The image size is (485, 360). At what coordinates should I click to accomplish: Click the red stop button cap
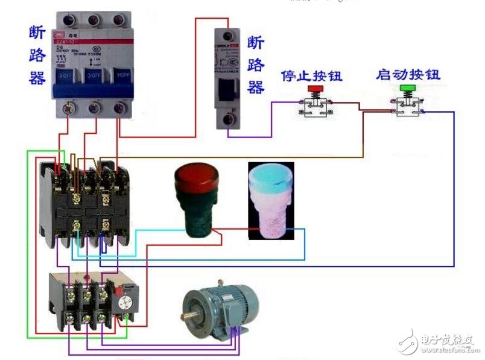pos(314,89)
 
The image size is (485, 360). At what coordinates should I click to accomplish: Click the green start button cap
pos(408,89)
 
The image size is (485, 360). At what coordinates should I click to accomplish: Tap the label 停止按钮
pos(312,77)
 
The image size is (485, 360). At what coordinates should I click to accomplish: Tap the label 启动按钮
pos(408,75)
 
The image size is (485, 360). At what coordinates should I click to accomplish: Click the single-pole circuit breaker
pos(229,75)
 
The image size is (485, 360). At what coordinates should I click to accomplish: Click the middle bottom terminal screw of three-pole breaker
pos(94,109)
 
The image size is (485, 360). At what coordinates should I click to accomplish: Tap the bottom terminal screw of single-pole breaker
pos(228,120)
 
